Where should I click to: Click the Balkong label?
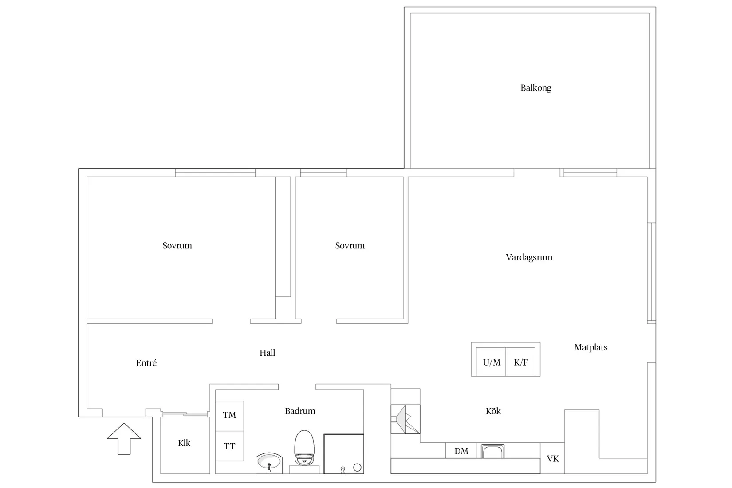535,88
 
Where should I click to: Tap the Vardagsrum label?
529,258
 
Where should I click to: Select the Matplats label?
591,347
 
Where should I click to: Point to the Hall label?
268,353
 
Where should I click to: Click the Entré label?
146,363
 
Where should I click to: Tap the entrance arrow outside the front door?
124,439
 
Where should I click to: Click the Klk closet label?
184,443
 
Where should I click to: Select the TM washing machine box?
229,416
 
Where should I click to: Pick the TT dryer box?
229,446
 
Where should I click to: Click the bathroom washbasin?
269,463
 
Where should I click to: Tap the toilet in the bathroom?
304,448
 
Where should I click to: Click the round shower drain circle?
358,468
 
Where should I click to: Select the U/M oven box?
491,362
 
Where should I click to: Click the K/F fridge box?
520,362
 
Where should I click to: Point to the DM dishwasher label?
461,451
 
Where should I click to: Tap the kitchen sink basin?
492,451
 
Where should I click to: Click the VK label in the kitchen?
553,459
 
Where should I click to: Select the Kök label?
493,411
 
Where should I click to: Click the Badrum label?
300,411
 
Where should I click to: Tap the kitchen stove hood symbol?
405,419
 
